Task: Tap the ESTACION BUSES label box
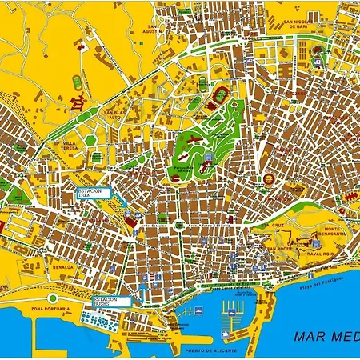pos(104,302)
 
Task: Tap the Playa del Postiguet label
pos(321,281)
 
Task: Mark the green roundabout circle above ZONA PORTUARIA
pos(53,298)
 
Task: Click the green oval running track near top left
pos(77,82)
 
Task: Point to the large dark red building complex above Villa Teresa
pos(78,102)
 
